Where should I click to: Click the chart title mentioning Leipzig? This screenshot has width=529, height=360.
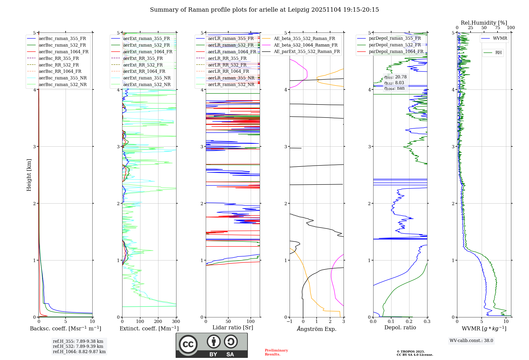264,10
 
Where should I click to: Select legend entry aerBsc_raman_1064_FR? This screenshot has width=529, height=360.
63,52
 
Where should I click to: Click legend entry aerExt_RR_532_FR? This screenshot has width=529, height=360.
143,65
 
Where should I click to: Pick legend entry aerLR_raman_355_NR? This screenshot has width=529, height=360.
231,78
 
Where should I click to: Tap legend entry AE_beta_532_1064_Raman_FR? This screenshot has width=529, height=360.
305,45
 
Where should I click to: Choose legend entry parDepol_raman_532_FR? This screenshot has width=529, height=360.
395,45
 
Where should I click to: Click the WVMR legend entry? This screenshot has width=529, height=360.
500,38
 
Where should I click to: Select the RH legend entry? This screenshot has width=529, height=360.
498,53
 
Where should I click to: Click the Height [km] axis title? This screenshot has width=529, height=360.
29,175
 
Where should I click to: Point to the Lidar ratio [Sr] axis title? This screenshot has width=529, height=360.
233,327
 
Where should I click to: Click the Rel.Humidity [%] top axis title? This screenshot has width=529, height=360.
484,23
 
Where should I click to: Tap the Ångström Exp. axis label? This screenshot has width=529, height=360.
317,329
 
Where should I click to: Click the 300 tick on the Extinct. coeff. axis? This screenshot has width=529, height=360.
176,322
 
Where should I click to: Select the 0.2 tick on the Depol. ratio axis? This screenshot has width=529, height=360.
409,322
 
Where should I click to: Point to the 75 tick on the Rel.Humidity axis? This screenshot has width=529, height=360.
498,28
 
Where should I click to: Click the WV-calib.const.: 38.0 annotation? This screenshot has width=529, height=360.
471,340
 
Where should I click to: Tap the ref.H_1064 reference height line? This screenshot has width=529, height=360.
79,352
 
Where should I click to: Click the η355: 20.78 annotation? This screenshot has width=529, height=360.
395,77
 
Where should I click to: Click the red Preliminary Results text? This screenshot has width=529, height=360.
276,352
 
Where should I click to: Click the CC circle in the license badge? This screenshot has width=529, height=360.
188,344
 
